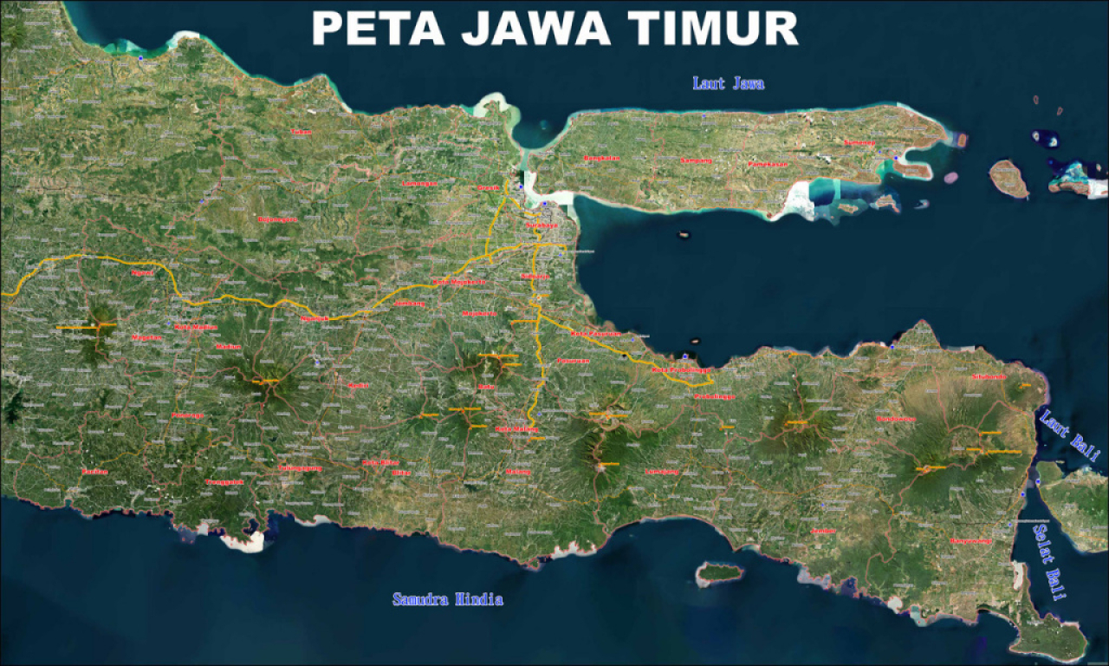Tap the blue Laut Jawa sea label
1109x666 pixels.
pyautogui.click(x=729, y=83)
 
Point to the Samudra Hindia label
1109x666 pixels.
pyautogui.click(x=447, y=599)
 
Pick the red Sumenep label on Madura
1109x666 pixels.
pyautogui.click(x=859, y=141)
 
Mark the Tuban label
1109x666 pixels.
pyautogui.click(x=301, y=132)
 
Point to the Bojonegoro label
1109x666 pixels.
pyautogui.click(x=277, y=219)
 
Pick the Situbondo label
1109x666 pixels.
pyautogui.click(x=988, y=377)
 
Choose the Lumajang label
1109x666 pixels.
pyautogui.click(x=663, y=472)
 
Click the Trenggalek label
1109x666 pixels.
pyautogui.click(x=224, y=482)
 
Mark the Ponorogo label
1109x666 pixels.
pyautogui.click(x=188, y=415)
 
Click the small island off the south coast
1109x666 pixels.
pyautogui.click(x=720, y=572)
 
